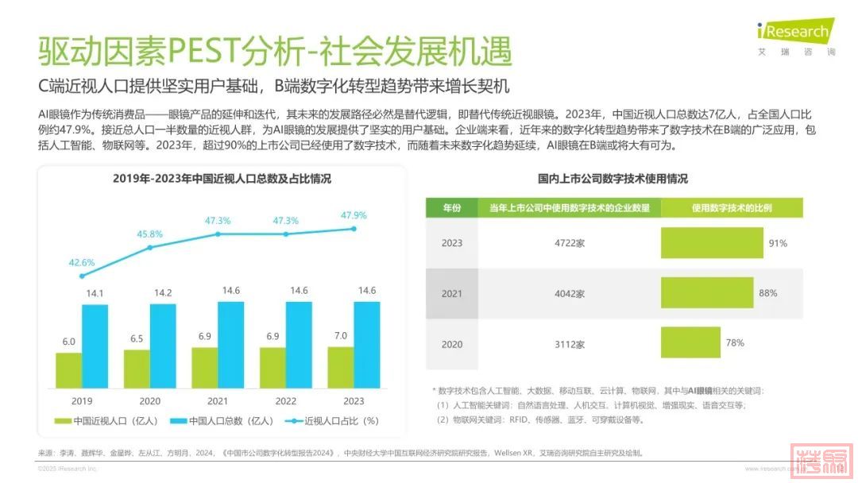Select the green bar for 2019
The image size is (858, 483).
pyautogui.click(x=68, y=370)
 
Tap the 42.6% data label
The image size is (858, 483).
pyautogui.click(x=82, y=262)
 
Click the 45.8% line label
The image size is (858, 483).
pyautogui.click(x=149, y=234)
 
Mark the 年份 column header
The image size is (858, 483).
pyautogui.click(x=451, y=208)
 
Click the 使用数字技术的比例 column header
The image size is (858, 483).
pyautogui.click(x=731, y=208)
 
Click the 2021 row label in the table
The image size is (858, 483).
pyautogui.click(x=451, y=294)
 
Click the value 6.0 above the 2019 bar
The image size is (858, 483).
pyautogui.click(x=68, y=342)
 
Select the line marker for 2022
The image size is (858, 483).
pyautogui.click(x=286, y=234)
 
